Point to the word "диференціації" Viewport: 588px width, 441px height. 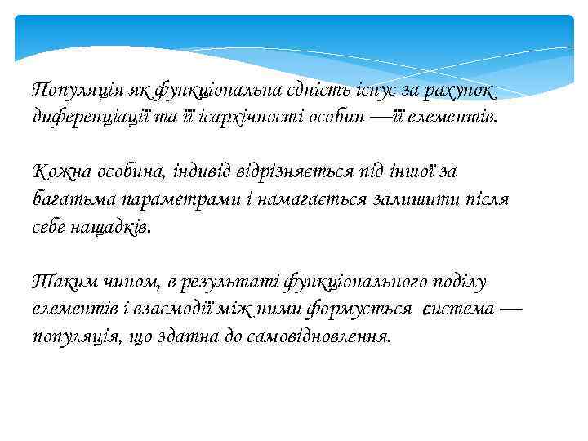pos(89,117)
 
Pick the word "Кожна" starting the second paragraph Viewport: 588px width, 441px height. pos(59,171)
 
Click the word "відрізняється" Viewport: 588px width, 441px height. pos(297,171)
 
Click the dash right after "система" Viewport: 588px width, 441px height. pos(511,309)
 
